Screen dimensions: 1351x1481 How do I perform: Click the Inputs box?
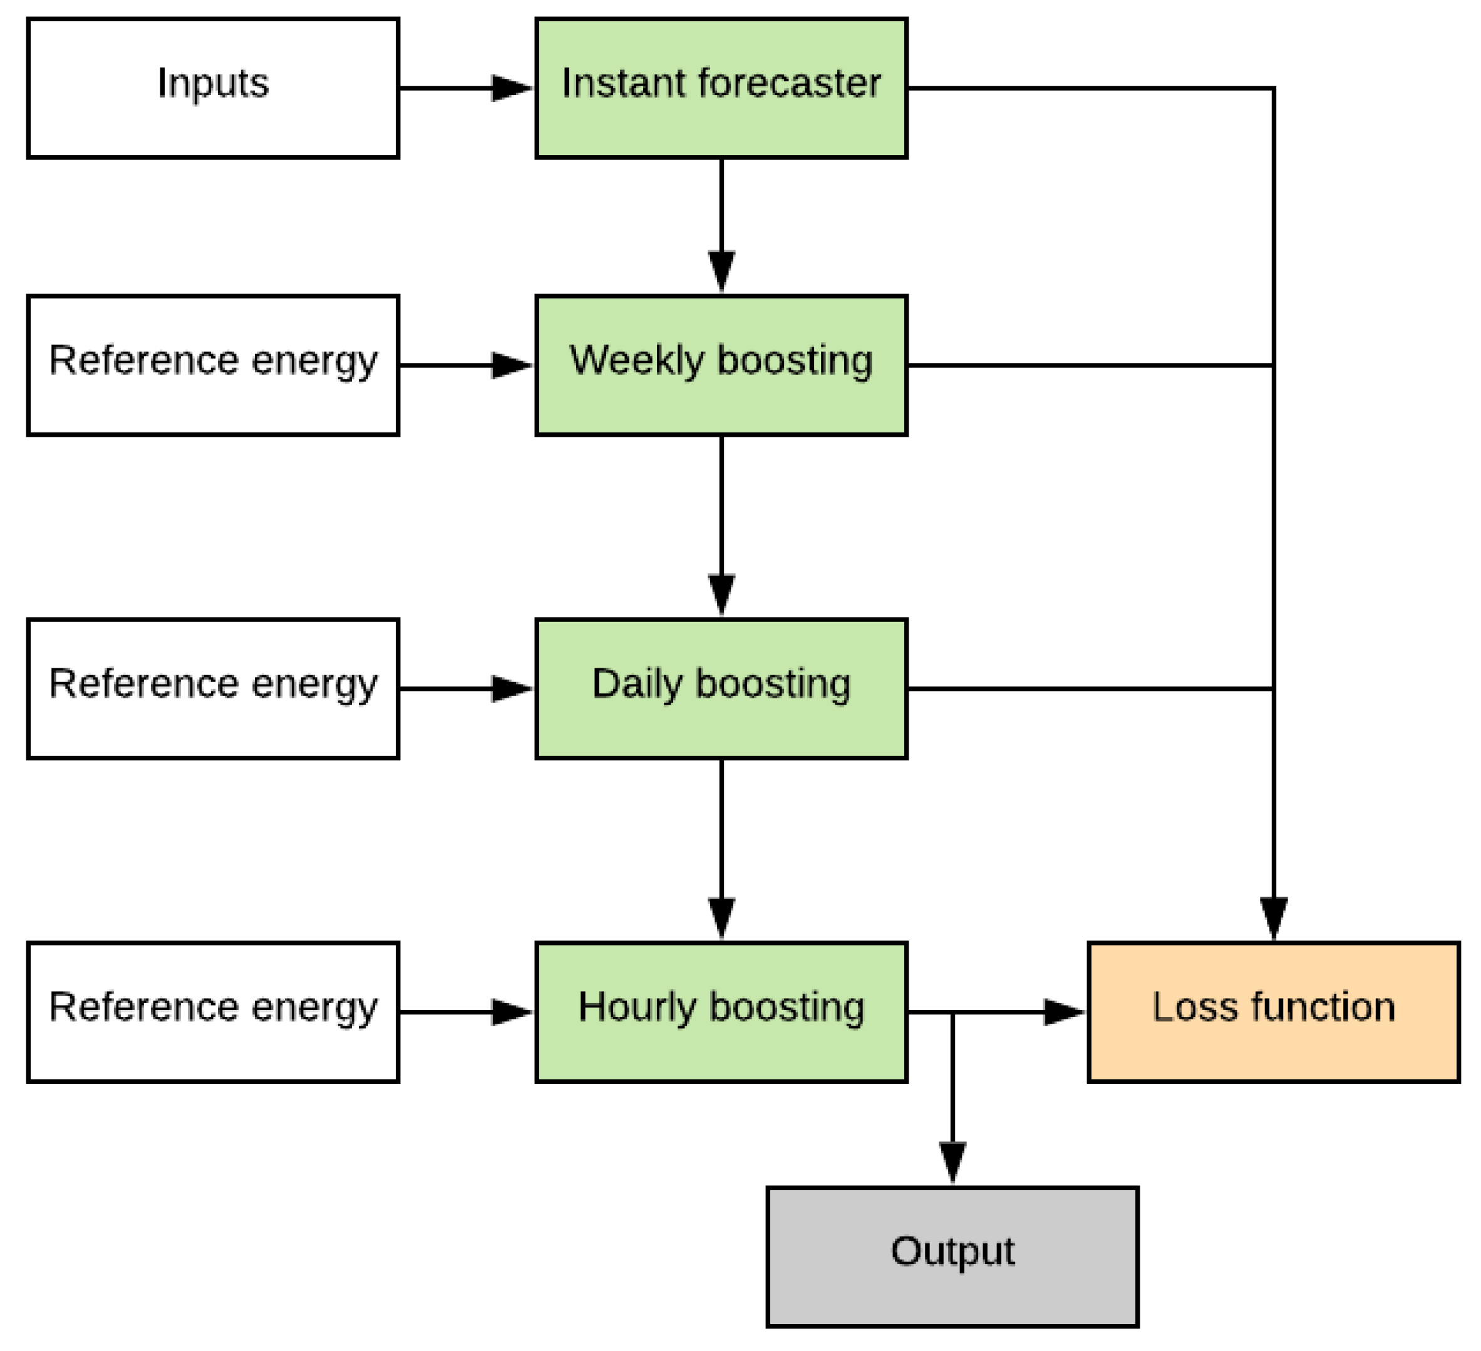tap(213, 88)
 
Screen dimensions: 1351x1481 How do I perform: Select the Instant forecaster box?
tap(721, 88)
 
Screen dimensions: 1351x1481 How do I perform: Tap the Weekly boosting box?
tap(721, 365)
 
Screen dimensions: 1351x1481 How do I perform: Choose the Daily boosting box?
tap(721, 689)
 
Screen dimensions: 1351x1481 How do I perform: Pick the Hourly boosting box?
tap(721, 1012)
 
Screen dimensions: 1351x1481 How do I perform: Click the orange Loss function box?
tap(1273, 1012)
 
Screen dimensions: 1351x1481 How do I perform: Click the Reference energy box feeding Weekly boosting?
tap(213, 365)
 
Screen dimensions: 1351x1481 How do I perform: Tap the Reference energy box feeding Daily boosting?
tap(213, 689)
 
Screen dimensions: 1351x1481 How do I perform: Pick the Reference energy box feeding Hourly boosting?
tap(213, 1012)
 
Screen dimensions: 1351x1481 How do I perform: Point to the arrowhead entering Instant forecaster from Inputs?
tap(511, 88)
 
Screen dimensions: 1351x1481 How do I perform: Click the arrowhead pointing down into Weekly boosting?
tap(721, 270)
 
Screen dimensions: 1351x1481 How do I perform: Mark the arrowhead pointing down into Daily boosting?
tap(721, 593)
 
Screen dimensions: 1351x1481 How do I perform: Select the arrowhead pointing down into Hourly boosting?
tap(721, 916)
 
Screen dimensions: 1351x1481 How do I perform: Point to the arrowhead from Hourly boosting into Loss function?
tap(1063, 1012)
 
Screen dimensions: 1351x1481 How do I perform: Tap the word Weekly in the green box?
tap(636, 360)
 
